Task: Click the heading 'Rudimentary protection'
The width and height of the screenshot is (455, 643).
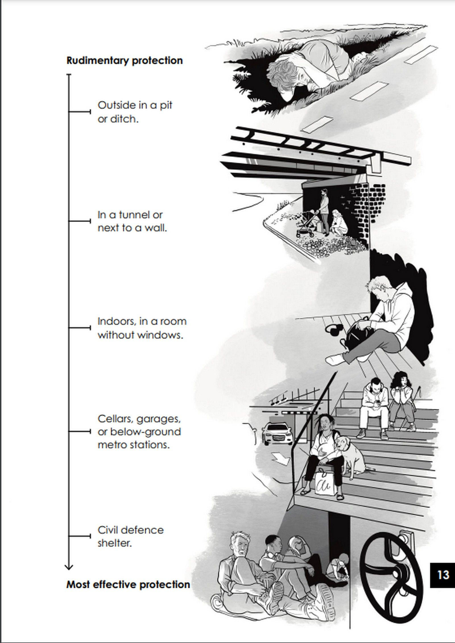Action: (x=125, y=61)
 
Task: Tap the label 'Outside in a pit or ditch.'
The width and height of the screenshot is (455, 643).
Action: (x=135, y=112)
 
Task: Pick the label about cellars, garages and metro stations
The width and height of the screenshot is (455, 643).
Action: (x=139, y=431)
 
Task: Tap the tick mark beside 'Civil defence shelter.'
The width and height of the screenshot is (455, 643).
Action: (x=80, y=536)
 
